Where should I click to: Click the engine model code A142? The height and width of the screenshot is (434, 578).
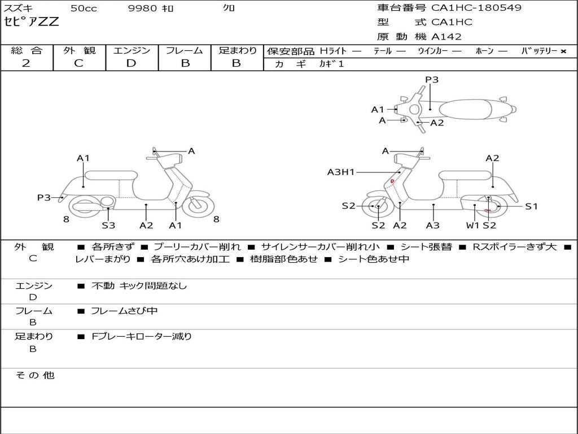[x=446, y=37]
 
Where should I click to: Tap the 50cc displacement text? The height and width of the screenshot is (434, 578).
[x=83, y=8]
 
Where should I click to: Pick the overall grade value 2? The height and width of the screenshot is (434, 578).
[x=26, y=63]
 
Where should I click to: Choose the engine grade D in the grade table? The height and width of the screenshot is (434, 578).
[x=131, y=63]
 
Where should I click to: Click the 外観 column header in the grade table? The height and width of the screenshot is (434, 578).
[x=79, y=50]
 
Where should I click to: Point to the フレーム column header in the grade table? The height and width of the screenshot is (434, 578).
[x=185, y=50]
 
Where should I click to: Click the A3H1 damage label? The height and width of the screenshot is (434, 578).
[x=341, y=172]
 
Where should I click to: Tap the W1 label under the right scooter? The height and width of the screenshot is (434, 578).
[x=472, y=225]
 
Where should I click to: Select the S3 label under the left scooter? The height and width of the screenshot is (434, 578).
[x=108, y=225]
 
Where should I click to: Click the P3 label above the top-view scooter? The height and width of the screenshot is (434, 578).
[x=432, y=80]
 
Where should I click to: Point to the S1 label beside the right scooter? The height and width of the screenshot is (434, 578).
[x=532, y=206]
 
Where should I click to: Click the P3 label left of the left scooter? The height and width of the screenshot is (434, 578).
[x=44, y=198]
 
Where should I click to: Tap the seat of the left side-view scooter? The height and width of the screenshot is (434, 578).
[x=111, y=175]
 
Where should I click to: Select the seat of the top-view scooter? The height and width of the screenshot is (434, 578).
[x=474, y=108]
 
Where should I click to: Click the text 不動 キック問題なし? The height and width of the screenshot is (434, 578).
[x=139, y=286]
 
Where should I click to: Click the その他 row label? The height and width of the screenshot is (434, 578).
[x=35, y=375]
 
